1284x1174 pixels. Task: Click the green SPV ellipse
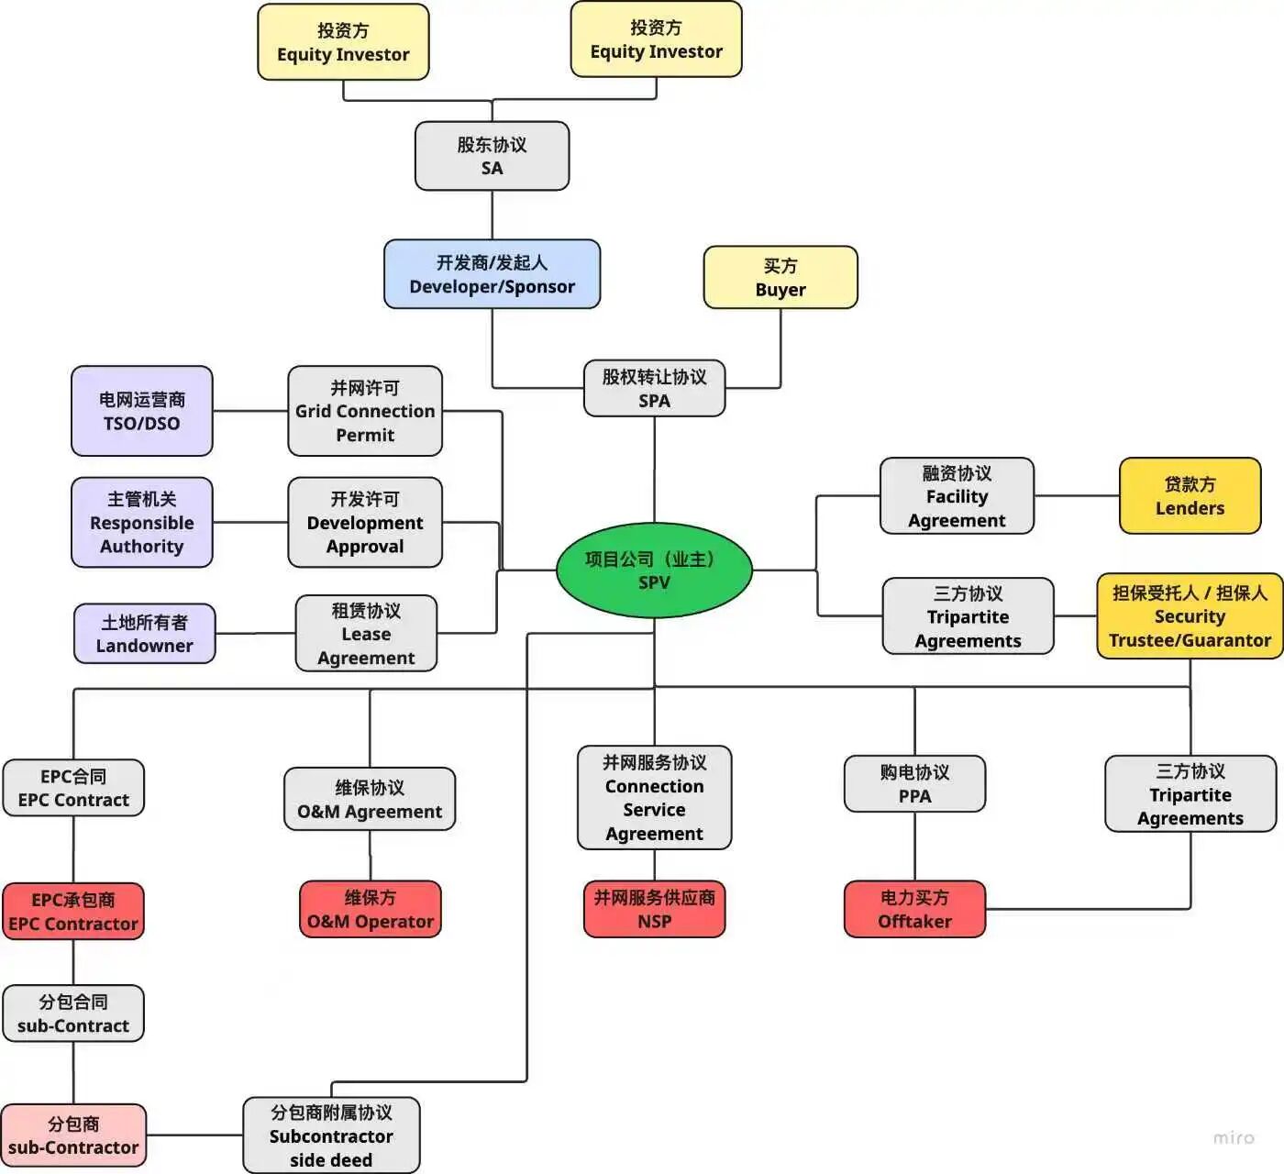pos(654,570)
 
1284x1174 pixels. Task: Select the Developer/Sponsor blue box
pos(492,274)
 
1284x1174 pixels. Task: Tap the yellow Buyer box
pos(780,277)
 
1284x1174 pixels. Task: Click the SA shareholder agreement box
pos(492,156)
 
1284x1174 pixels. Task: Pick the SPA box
pos(654,388)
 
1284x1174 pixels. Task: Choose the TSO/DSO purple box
pos(142,411)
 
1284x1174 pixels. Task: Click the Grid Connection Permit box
pos(365,411)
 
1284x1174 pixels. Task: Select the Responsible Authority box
pos(142,522)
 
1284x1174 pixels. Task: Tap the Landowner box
pos(145,633)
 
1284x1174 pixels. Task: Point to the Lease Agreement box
pos(366,634)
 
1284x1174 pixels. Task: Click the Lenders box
pos(1190,495)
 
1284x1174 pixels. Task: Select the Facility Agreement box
pos(957,496)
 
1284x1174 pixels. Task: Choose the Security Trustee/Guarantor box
pos(1190,616)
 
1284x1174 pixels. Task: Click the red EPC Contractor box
pos(73,912)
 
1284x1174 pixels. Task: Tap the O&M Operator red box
pos(371,909)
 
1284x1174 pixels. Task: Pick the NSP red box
pos(654,909)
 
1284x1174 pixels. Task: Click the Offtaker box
pos(914,909)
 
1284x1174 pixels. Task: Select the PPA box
pos(914,784)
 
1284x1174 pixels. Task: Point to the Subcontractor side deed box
pos(331,1135)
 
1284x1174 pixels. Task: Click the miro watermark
pos(1233,1137)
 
